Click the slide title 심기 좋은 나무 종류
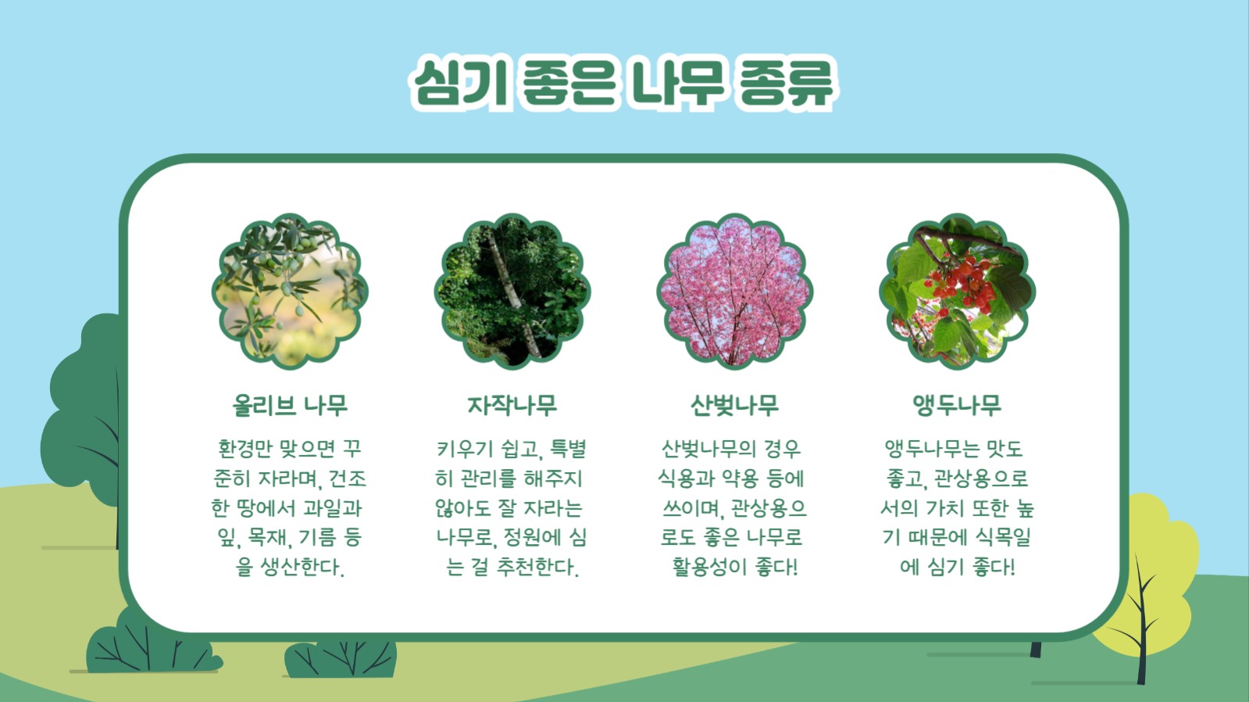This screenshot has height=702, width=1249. tap(623, 81)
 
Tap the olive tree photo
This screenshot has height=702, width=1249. tap(290, 292)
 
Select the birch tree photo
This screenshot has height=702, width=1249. tap(512, 292)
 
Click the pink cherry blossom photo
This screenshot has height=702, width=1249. tap(734, 292)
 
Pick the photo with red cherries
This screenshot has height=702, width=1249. tap(957, 292)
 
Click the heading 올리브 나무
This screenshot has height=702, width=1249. tap(290, 406)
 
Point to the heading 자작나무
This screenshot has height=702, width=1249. tap(512, 406)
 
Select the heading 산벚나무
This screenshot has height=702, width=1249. tap(734, 406)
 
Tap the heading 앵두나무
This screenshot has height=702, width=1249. tap(957, 406)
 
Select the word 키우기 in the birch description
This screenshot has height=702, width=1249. tap(464, 449)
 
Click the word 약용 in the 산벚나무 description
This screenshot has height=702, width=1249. tap(740, 478)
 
